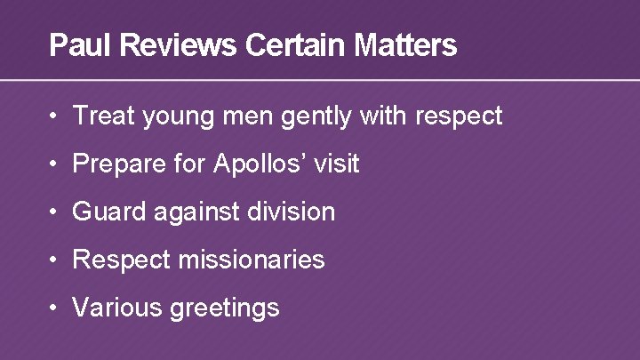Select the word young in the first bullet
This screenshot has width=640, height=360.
point(165,116)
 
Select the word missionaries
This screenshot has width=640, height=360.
point(251,260)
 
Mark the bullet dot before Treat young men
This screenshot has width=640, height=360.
point(55,116)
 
